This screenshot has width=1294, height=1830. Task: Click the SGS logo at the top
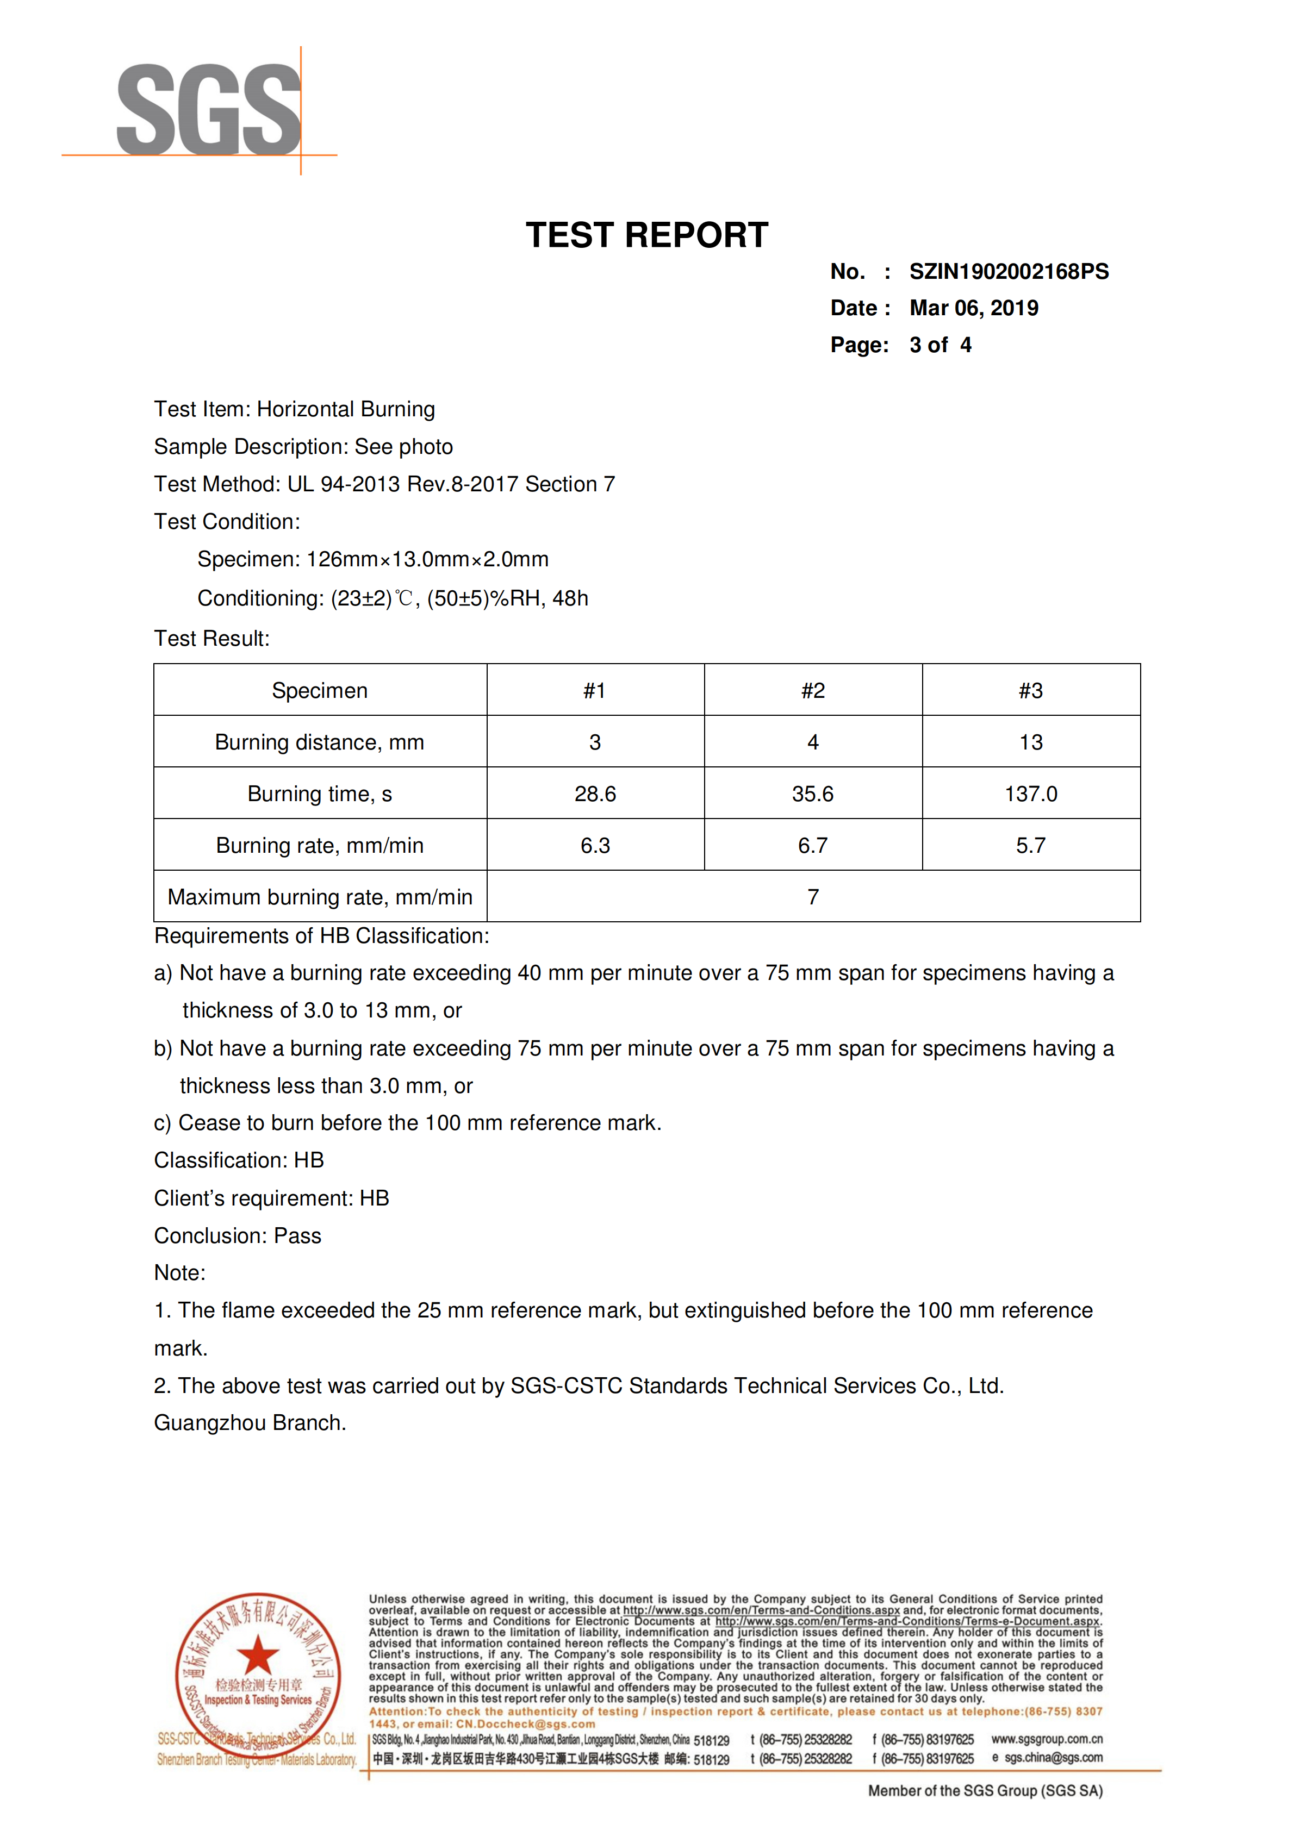tap(209, 110)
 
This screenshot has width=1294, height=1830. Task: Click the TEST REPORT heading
tap(646, 235)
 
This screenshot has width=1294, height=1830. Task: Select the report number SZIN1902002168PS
tap(1009, 272)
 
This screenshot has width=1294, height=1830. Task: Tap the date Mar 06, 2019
tap(973, 309)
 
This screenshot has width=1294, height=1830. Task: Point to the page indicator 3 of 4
tap(940, 345)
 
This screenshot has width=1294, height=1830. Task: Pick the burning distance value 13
tap(1031, 742)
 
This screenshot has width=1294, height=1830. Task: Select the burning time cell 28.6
tap(595, 794)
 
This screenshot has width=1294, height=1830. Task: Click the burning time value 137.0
tap(1031, 794)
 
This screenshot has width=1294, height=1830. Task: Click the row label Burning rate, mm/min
tap(320, 846)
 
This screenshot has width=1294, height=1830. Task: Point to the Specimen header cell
tap(320, 690)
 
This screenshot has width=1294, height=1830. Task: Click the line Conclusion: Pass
tap(238, 1235)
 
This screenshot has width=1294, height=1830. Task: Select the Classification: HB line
tap(239, 1160)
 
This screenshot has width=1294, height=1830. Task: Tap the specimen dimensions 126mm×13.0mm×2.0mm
tap(427, 559)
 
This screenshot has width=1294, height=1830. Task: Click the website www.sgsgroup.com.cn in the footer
tap(1047, 1739)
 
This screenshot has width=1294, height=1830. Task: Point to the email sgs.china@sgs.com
tap(1053, 1758)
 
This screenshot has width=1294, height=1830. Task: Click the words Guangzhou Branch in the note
tap(249, 1423)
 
